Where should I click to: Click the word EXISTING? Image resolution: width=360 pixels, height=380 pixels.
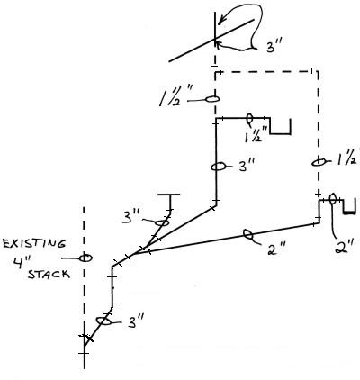[x=33, y=243]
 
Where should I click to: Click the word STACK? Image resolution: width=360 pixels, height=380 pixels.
[x=49, y=274]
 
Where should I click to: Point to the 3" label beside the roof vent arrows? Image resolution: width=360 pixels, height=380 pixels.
[x=274, y=47]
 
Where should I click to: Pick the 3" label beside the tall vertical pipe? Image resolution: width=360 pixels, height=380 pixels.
[x=247, y=165]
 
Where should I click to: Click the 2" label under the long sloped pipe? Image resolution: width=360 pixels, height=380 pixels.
[x=275, y=249]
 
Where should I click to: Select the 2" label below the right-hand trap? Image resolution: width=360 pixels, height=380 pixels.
[x=343, y=247]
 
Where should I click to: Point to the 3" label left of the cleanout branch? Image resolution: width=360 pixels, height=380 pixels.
[x=130, y=217]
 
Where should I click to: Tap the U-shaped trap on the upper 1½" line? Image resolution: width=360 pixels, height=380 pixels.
[x=281, y=133]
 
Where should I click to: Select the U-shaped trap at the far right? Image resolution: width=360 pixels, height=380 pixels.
[x=349, y=213]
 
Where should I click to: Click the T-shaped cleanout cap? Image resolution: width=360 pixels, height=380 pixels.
[x=169, y=195]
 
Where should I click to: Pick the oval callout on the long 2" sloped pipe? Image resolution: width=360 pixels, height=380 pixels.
[x=248, y=234]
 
